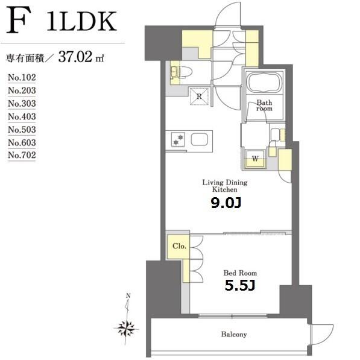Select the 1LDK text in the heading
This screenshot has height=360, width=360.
[82, 21]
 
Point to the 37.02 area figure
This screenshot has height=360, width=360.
[75, 57]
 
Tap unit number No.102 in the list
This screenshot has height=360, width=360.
[22, 77]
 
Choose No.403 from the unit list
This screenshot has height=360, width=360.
[22, 116]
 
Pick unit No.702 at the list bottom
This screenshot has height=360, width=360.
[22, 155]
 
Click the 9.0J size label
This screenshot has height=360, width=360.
[226, 203]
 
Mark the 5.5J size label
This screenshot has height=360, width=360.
[240, 286]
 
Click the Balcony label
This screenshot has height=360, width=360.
[234, 334]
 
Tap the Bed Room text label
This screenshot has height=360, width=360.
[240, 273]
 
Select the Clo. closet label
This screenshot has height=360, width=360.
[179, 246]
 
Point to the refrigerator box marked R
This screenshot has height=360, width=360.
[199, 96]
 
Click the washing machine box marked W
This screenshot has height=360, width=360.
[255, 159]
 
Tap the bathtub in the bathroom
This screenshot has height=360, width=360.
[264, 83]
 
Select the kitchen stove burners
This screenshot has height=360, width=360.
[178, 140]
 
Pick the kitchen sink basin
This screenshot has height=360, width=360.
[199, 139]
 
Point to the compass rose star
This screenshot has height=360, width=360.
[126, 328]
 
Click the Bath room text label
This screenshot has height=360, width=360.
[264, 106]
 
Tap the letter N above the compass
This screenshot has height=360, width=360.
[128, 296]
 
